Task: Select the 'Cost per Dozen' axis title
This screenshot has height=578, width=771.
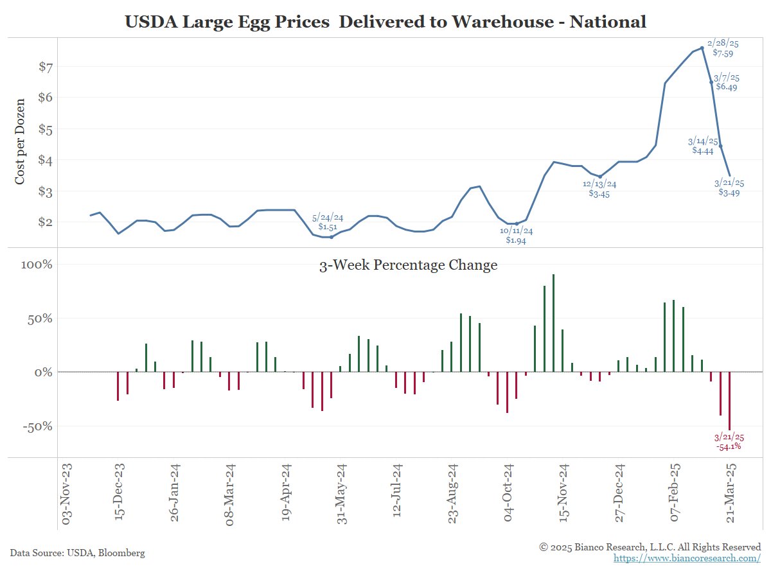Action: click(20, 141)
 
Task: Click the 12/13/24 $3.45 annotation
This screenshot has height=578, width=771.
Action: click(599, 189)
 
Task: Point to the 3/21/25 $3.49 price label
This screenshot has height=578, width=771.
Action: click(729, 188)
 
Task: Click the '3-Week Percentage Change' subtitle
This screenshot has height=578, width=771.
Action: click(408, 265)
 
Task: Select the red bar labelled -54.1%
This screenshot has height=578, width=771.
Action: click(729, 401)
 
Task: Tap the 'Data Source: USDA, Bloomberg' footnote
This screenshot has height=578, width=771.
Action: click(77, 552)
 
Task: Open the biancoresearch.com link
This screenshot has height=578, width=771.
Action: click(687, 558)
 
